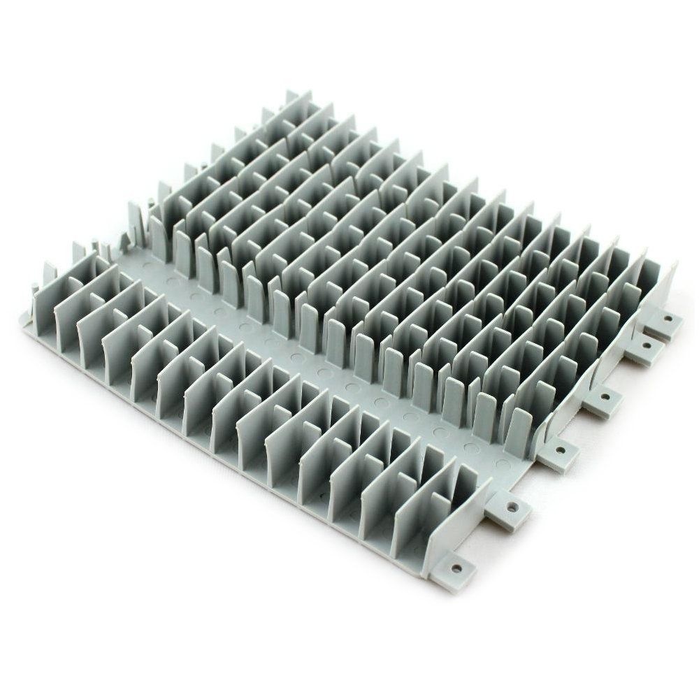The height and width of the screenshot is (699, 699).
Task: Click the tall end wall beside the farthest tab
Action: click(x=663, y=287)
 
